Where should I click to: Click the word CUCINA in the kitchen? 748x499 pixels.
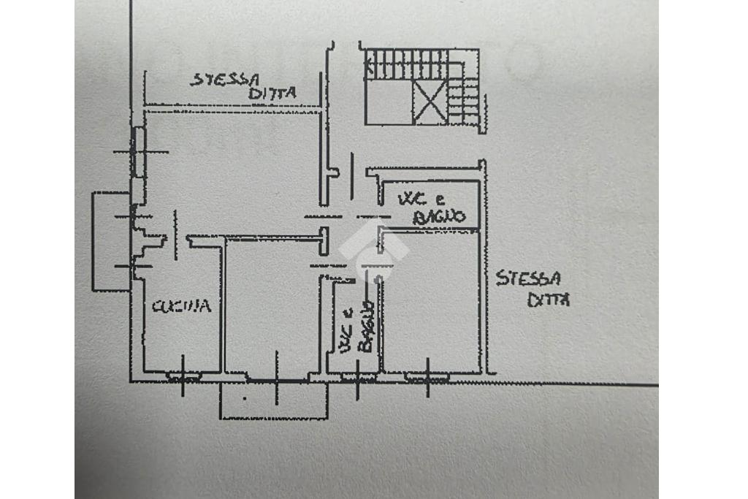coord(181,306)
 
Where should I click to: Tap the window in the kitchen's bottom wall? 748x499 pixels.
coord(183,377)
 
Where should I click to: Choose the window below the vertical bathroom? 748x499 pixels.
coord(357,377)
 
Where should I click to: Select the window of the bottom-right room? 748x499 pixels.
coord(428,377)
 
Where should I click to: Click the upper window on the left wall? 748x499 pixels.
coord(138,151)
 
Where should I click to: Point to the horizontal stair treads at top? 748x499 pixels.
coord(406,64)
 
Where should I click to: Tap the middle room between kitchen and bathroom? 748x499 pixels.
coord(270,307)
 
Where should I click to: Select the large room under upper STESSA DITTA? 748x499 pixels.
coord(230,168)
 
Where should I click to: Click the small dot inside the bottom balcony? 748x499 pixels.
coord(245,399)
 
